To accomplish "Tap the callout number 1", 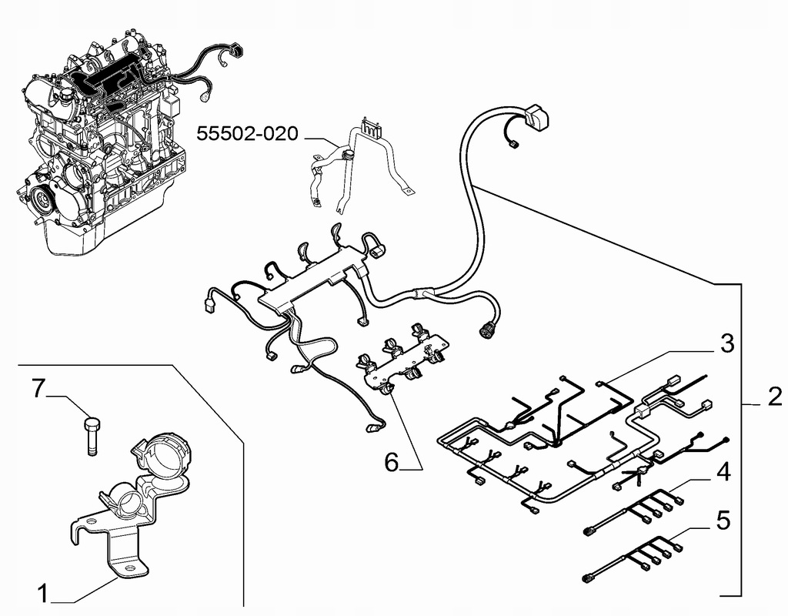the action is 43,594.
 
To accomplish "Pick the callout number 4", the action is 723,473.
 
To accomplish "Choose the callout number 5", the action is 723,521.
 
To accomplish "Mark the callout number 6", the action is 392,462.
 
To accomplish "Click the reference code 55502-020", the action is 247,134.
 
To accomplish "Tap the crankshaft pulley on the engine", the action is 42,199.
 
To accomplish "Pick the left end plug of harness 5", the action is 587,579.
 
